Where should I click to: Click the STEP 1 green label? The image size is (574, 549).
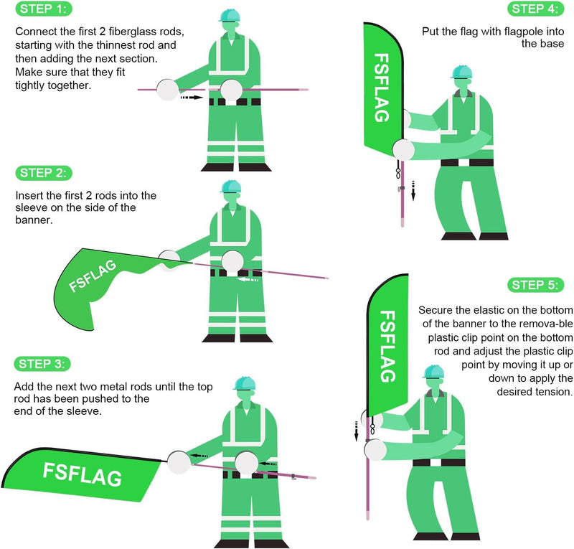coord(44,9)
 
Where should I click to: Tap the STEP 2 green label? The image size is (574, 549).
coord(44,173)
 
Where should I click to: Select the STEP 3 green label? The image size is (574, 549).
coord(42,364)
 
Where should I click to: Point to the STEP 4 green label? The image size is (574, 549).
coord(535,9)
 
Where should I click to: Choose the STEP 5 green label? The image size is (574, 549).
coord(535,285)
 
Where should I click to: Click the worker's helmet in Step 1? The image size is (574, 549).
coord(230,15)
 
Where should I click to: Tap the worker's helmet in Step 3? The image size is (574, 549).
coord(244,383)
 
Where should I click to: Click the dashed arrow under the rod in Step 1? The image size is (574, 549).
coord(192,98)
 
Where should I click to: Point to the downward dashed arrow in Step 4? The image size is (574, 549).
coord(413,190)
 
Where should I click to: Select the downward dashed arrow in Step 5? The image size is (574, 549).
coord(356,431)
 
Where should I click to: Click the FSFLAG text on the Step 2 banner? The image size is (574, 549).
coord(93,276)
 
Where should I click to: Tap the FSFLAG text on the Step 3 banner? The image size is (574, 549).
coord(83,474)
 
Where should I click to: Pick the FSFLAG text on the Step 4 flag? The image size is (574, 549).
coord(382,88)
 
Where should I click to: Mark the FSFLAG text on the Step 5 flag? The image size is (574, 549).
coord(387,347)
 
